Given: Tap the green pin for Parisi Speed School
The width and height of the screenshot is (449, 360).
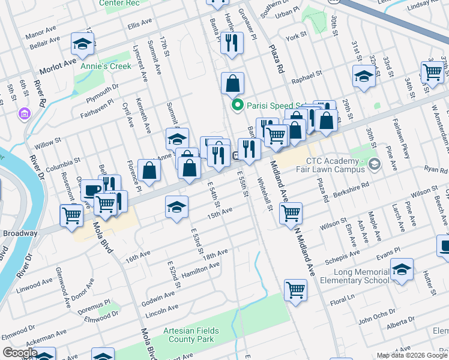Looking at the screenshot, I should [x=237, y=106].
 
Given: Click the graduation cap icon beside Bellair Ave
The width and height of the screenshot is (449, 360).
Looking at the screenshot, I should [x=82, y=44].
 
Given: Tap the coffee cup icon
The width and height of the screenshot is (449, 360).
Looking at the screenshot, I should [x=92, y=190].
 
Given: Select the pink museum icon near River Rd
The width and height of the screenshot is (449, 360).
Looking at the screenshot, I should [x=25, y=113].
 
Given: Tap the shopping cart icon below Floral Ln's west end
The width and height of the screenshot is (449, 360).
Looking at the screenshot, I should [x=296, y=290].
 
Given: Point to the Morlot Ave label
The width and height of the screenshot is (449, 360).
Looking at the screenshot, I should [x=58, y=62].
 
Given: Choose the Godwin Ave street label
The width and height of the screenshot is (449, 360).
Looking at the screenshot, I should [x=160, y=293].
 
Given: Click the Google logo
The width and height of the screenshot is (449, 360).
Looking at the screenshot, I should [x=20, y=352].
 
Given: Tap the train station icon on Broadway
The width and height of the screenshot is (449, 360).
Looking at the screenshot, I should [x=237, y=156].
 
